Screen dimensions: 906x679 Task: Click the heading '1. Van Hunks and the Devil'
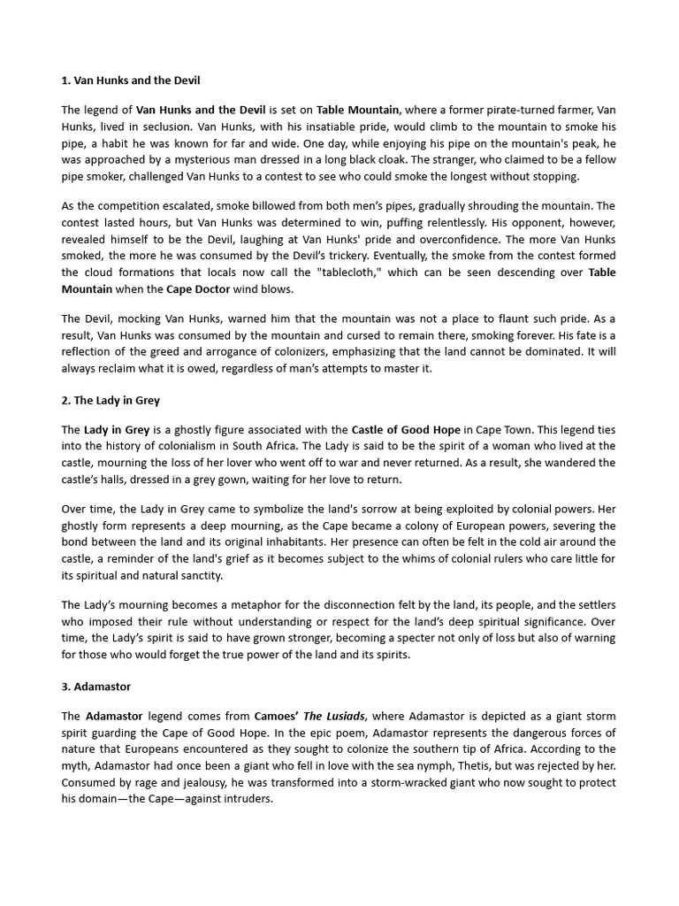[131, 81]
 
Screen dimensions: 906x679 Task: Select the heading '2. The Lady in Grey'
[111, 400]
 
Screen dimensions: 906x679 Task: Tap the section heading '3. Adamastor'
[96, 686]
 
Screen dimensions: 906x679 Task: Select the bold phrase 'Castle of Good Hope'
[406, 429]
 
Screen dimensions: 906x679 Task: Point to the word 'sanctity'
[200, 575]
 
